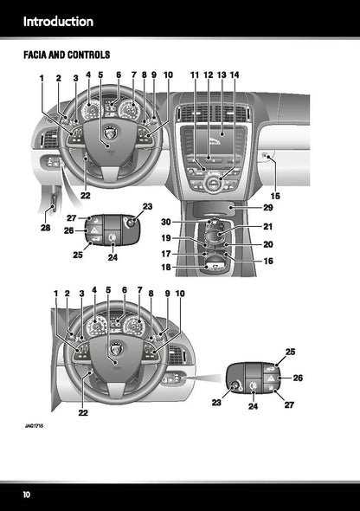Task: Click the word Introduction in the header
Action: tap(58, 21)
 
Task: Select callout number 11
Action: tap(195, 75)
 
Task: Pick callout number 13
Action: tap(222, 75)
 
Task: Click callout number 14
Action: tap(235, 75)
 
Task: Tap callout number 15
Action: tap(276, 196)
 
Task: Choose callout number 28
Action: tap(45, 228)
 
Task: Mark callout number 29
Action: tap(267, 209)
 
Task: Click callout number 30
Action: tap(190, 223)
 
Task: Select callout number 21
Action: tap(267, 227)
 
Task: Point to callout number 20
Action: tap(267, 245)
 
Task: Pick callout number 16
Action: tap(267, 261)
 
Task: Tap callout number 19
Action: tap(190, 238)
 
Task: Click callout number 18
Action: tap(190, 268)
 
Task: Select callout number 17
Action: tap(190, 254)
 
